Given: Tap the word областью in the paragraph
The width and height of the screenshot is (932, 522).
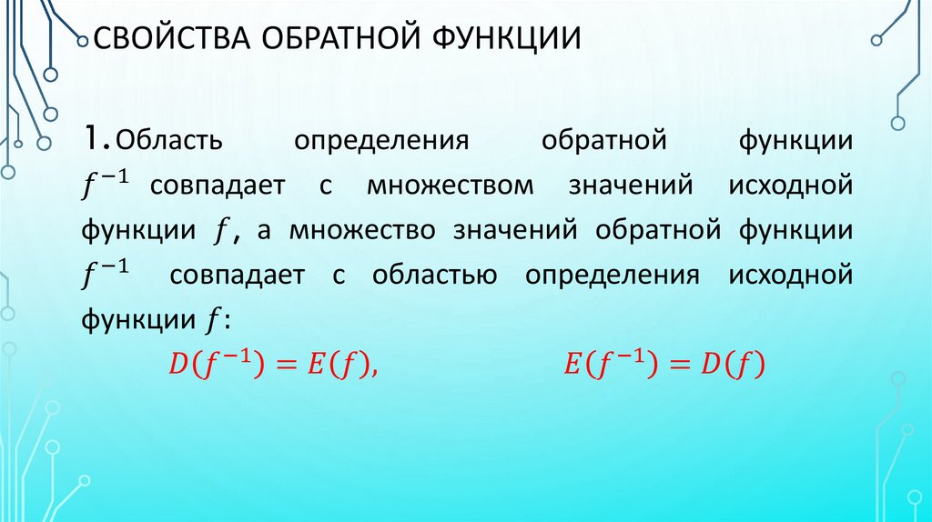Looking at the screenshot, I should [x=433, y=276].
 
